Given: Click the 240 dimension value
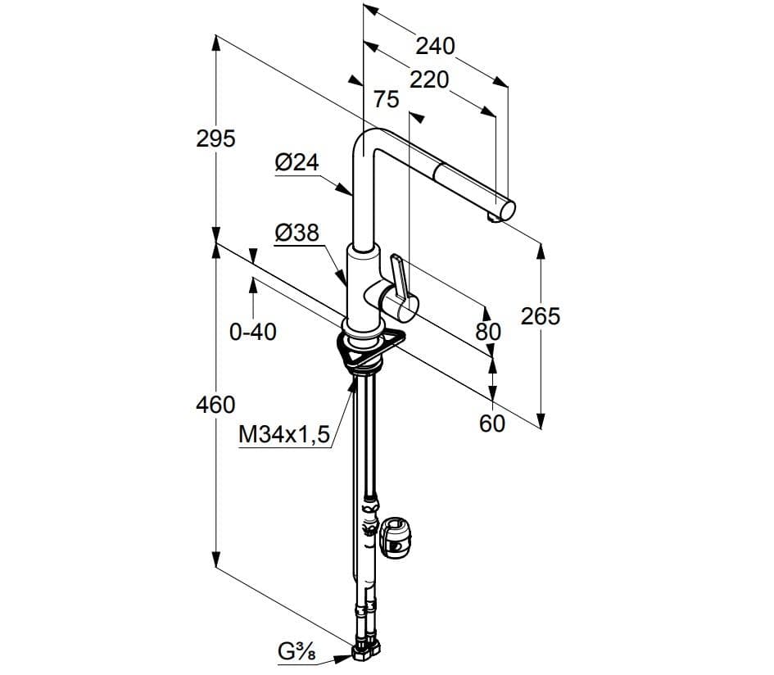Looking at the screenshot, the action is click(435, 46).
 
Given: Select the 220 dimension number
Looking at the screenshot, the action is click(429, 79).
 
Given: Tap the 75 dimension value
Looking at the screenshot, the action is click(386, 99).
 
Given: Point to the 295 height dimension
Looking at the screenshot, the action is click(215, 138).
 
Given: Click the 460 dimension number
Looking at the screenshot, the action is click(215, 405).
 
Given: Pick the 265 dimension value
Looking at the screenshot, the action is click(541, 316).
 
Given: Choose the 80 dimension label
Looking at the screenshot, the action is click(488, 331).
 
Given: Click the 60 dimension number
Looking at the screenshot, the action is click(492, 424).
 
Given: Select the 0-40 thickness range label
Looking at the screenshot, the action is click(253, 332).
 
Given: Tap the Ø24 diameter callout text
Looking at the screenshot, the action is click(297, 162).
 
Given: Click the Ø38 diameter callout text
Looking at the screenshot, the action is click(297, 232).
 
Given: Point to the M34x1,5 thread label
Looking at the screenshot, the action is click(284, 434).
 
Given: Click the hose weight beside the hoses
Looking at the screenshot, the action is click(396, 537).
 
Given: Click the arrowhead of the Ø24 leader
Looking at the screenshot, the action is click(345, 189).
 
